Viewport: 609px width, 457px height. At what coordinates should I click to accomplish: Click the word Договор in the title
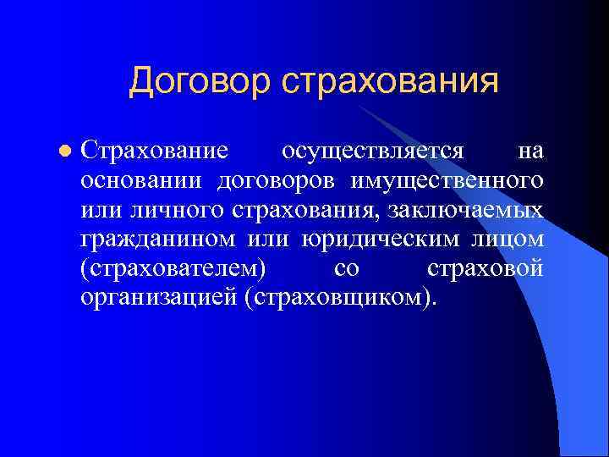click(198, 81)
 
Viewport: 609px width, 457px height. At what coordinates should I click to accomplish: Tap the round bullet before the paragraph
click(63, 151)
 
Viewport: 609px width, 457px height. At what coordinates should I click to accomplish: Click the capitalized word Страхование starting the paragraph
click(154, 151)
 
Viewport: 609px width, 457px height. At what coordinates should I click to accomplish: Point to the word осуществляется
click(373, 151)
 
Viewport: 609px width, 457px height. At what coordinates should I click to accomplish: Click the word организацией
click(158, 297)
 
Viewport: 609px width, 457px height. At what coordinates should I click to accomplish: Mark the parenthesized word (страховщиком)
click(341, 297)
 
